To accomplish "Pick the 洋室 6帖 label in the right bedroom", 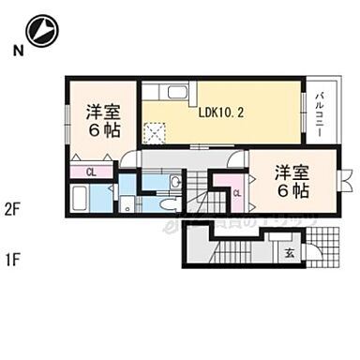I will point(292,180).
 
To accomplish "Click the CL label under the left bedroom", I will point(91,172).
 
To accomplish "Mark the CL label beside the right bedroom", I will point(236,193).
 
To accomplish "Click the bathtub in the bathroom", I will point(80,199).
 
